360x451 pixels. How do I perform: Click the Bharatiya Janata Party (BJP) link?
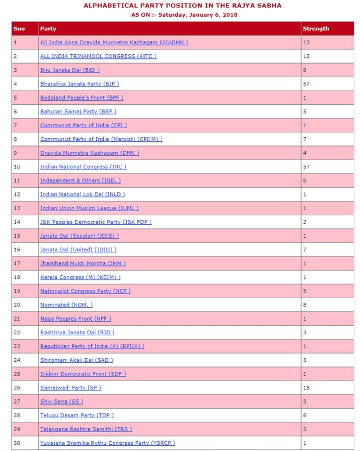click(x=77, y=83)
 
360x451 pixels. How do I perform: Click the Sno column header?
click(x=20, y=28)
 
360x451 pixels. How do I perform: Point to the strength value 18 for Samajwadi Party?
click(x=306, y=387)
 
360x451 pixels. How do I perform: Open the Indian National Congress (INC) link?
click(x=83, y=166)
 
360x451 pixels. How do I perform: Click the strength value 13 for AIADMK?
click(x=306, y=42)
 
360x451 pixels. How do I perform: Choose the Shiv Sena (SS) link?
click(x=62, y=401)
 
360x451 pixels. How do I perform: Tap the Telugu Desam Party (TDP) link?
click(x=77, y=415)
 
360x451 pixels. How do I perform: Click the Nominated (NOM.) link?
click(x=66, y=304)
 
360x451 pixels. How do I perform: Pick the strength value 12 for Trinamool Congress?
click(x=306, y=56)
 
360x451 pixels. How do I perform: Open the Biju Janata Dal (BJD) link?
click(x=70, y=70)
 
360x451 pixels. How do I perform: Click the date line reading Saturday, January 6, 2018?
click(x=179, y=15)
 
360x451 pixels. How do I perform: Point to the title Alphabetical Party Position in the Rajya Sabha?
click(x=179, y=5)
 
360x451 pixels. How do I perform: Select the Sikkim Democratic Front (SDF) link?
click(x=83, y=374)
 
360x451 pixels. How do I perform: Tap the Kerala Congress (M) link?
click(x=80, y=277)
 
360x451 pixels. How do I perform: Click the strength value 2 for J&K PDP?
click(x=305, y=222)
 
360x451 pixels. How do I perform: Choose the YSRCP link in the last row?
click(x=107, y=443)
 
